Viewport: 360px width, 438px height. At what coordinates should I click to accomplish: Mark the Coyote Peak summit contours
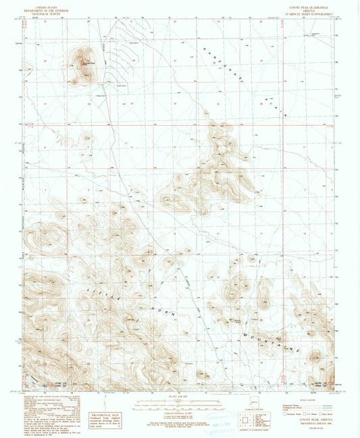click(x=84, y=64)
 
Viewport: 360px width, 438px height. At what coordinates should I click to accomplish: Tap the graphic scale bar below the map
click(x=180, y=403)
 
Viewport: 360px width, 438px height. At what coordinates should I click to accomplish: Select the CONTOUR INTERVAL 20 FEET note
click(x=180, y=412)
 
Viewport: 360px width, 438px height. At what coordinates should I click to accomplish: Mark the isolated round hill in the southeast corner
click(x=317, y=358)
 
